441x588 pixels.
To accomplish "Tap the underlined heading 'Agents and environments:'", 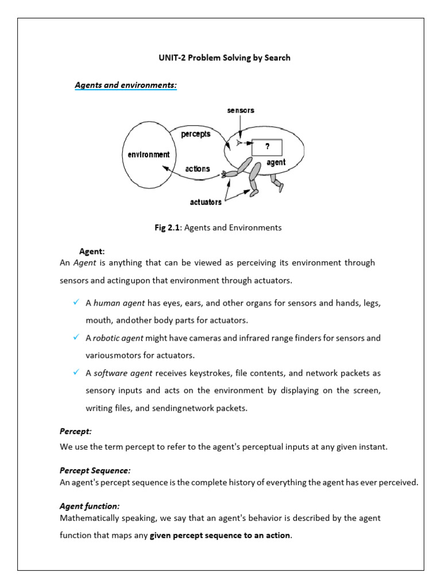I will [x=126, y=85].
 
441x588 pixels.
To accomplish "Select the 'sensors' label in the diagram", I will [x=241, y=110].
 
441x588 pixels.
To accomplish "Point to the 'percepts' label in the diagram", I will [x=196, y=134].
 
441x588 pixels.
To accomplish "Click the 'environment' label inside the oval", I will [x=148, y=154].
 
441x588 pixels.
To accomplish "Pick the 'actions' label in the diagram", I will [x=198, y=169].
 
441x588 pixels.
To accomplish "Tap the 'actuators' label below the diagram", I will [x=206, y=202].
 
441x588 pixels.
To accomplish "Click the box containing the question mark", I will [x=267, y=146].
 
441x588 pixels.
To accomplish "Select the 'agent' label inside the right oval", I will [x=276, y=163].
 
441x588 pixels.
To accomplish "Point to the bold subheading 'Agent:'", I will [x=92, y=252].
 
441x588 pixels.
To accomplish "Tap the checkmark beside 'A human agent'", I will [x=76, y=302].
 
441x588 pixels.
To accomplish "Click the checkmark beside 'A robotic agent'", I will [x=76, y=338].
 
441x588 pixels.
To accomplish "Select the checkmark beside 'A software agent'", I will [x=76, y=373].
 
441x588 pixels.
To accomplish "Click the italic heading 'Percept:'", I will [x=76, y=431].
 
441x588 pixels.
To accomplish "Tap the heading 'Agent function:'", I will [x=90, y=506].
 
